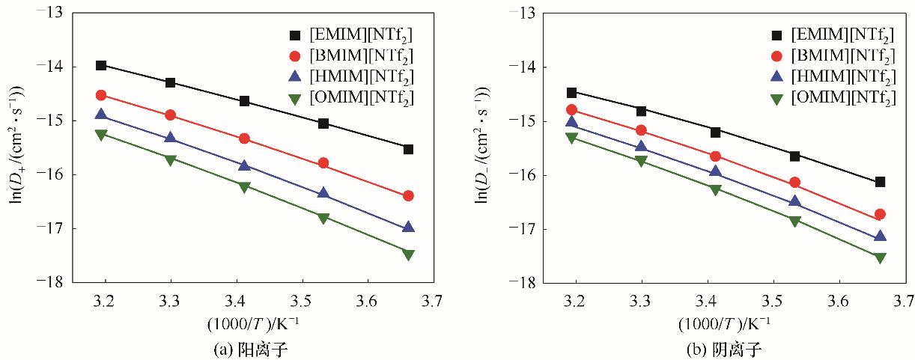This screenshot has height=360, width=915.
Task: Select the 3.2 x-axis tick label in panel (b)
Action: pyautogui.click(x=574, y=302)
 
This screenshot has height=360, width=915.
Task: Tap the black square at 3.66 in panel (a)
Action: pyautogui.click(x=408, y=149)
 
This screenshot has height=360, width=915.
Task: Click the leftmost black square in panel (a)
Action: pyautogui.click(x=101, y=65)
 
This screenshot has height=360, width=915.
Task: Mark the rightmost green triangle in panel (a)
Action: pyautogui.click(x=408, y=254)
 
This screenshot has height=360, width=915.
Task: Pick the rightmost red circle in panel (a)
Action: pyautogui.click(x=408, y=195)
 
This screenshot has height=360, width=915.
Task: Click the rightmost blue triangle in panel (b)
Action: pyautogui.click(x=881, y=236)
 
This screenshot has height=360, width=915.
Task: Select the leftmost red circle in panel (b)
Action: pyautogui.click(x=572, y=110)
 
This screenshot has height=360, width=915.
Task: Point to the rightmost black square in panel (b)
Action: pyautogui.click(x=881, y=182)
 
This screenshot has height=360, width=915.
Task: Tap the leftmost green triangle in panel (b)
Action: pyautogui.click(x=572, y=138)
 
